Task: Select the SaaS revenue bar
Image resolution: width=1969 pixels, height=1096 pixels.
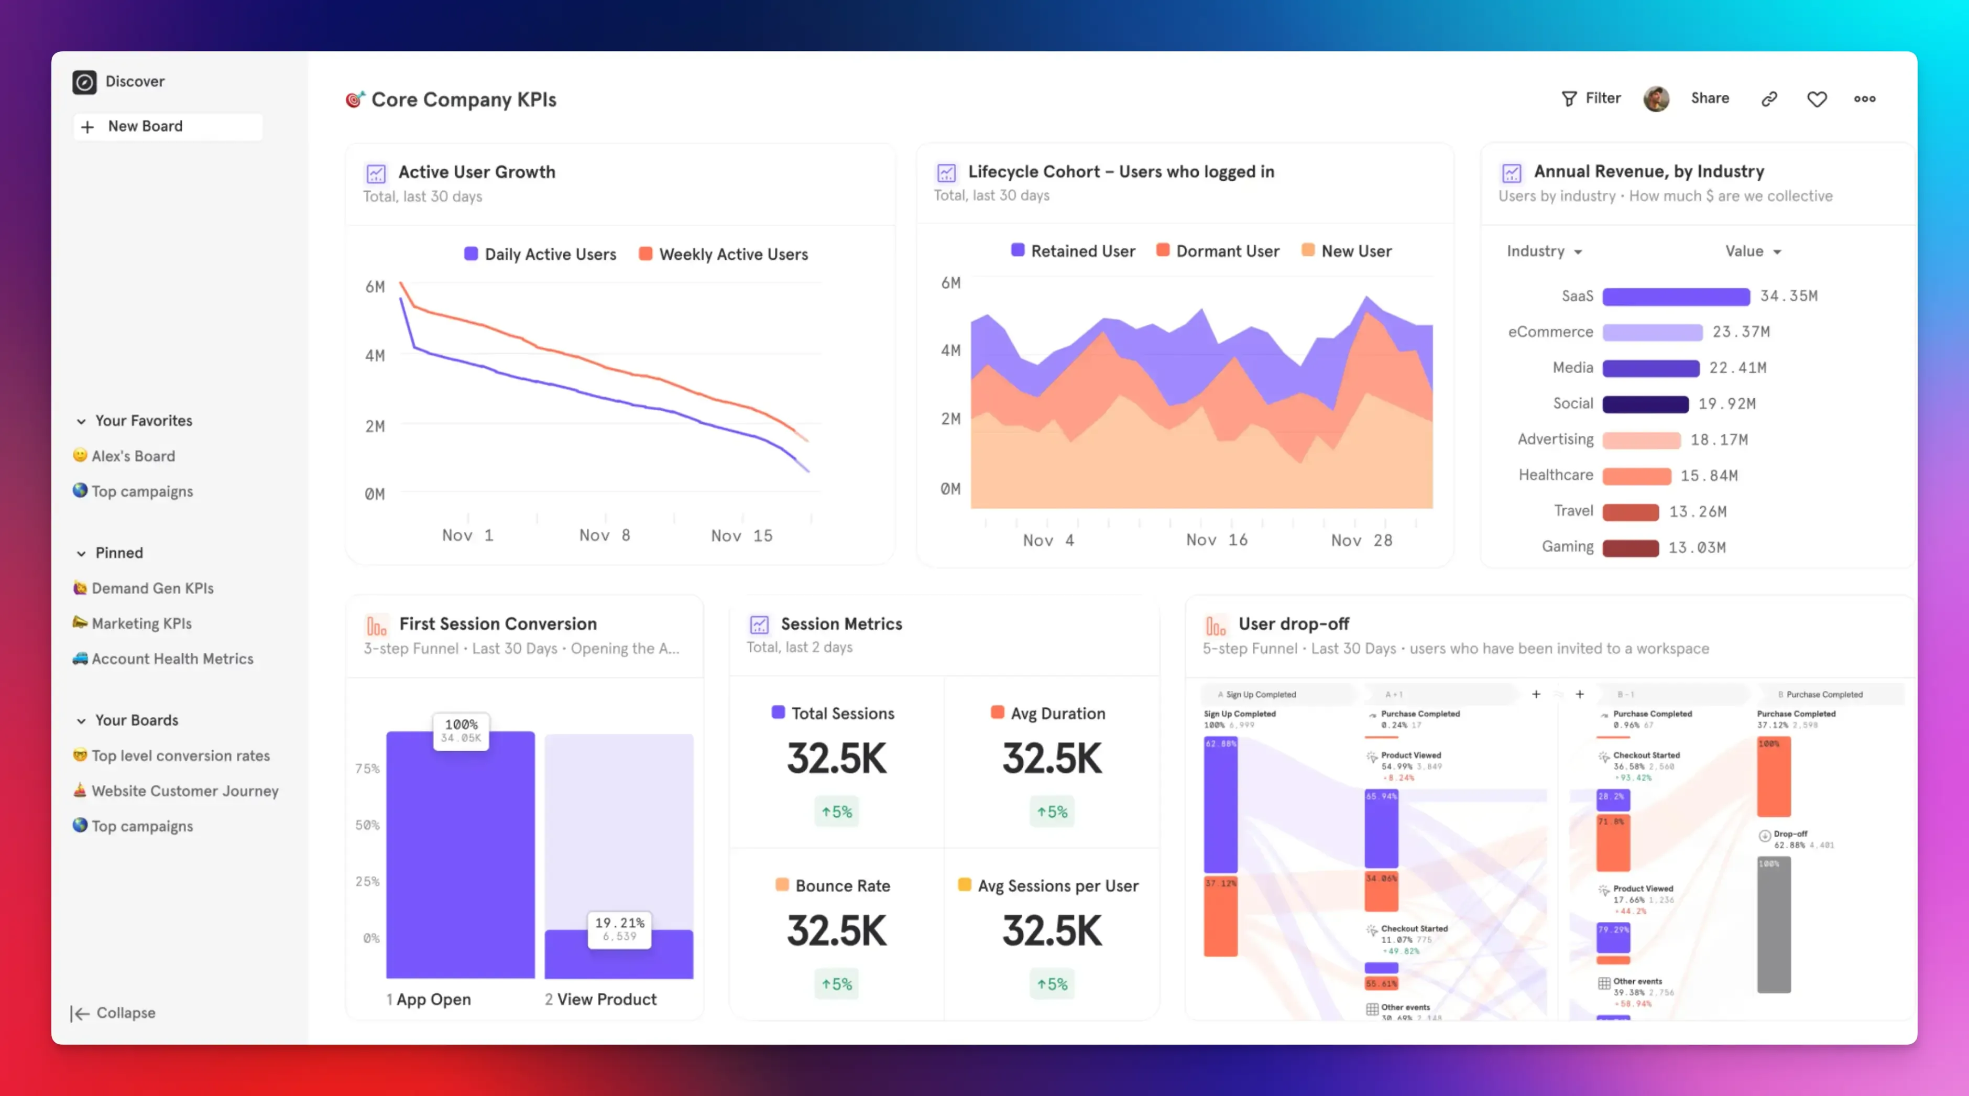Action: pos(1676,297)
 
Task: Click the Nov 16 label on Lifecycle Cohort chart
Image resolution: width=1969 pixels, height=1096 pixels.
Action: pos(1216,540)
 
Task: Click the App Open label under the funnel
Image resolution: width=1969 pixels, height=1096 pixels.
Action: pos(433,999)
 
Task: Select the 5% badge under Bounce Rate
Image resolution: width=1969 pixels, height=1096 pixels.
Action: pos(836,984)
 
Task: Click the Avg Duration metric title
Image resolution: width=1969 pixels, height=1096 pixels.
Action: pos(1057,713)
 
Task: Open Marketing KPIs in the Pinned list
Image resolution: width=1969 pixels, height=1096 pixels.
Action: pos(141,623)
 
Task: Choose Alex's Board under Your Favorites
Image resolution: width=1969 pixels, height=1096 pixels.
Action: pos(133,455)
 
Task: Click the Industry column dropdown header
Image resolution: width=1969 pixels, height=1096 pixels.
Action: pos(1543,251)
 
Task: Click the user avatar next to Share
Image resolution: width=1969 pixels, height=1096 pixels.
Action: pos(1656,98)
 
